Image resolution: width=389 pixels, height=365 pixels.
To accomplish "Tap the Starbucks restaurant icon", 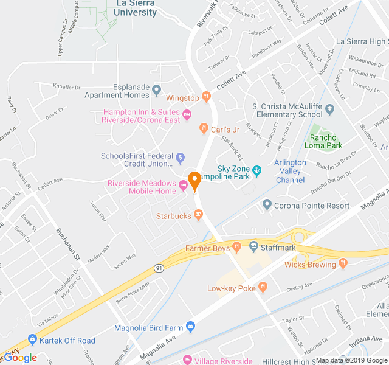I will [198, 215].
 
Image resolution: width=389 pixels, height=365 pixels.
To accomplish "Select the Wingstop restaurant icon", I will [207, 97].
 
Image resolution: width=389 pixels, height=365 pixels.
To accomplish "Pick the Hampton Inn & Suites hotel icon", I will [187, 115].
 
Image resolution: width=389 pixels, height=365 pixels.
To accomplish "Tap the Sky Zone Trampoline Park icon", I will [257, 171].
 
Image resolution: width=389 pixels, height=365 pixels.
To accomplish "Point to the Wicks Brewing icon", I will [342, 263].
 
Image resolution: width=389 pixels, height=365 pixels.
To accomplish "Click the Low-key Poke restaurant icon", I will [263, 287].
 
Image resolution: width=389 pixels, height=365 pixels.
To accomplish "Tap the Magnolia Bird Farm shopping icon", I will [190, 327].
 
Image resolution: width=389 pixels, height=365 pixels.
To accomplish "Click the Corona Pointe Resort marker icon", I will [267, 204].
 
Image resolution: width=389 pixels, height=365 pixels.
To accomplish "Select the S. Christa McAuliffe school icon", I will [330, 110].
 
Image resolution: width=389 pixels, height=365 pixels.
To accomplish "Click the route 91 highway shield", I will [159, 268].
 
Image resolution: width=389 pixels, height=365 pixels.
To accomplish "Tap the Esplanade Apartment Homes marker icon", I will [157, 91].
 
